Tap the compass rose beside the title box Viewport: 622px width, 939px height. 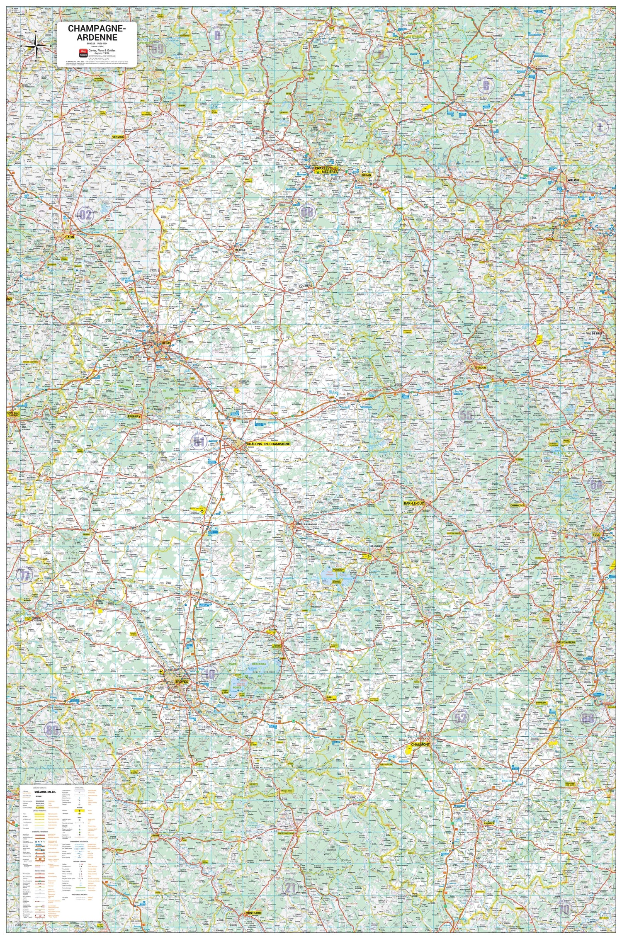point(36,45)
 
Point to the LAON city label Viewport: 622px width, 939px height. point(69,237)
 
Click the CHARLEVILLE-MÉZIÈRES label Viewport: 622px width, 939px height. point(326,170)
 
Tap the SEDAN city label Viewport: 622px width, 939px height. point(367,175)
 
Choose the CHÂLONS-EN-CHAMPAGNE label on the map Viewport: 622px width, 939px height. point(268,444)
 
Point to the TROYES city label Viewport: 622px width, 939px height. point(182,682)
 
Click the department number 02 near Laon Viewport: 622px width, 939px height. point(86,215)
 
